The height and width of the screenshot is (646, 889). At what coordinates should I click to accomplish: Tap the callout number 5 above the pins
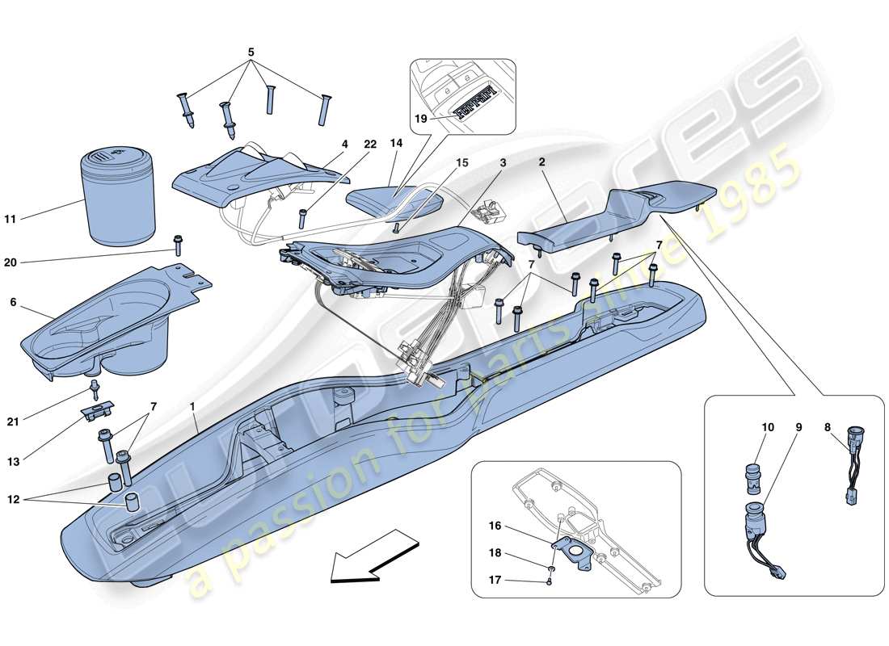[251, 52]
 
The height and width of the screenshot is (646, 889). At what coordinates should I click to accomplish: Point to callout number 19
[419, 118]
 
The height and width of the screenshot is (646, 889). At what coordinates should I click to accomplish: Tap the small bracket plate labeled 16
[575, 552]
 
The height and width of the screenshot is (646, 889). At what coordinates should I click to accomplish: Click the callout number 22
[369, 145]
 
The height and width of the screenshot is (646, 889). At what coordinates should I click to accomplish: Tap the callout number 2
[542, 161]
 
